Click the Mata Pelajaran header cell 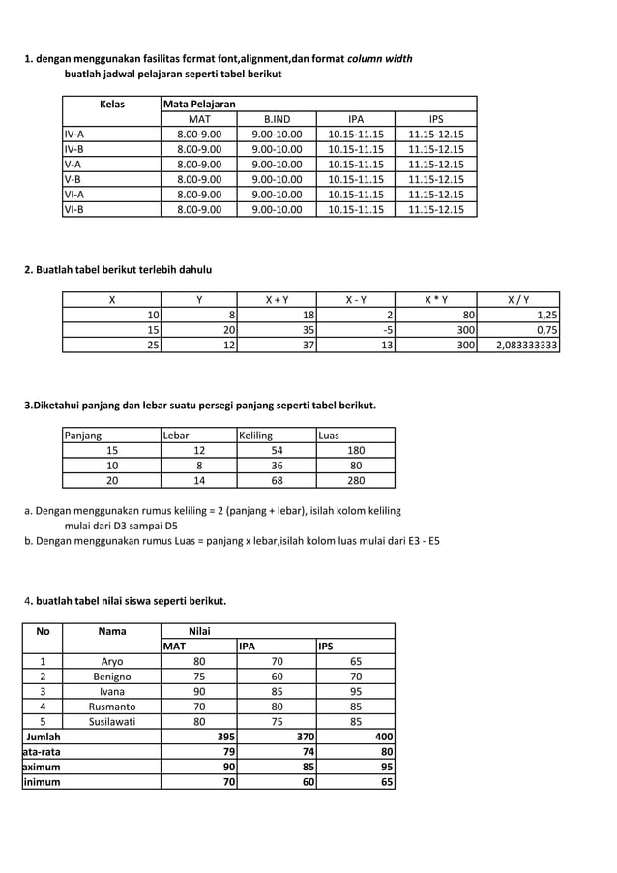pyautogui.click(x=200, y=104)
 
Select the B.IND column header pyautogui.click(x=277, y=119)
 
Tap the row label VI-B pyautogui.click(x=74, y=209)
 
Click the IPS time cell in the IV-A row pyautogui.click(x=436, y=135)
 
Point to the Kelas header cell pyautogui.click(x=111, y=104)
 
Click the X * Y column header pyautogui.click(x=436, y=299)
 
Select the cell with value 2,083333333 pyautogui.click(x=528, y=345)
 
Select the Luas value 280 pyautogui.click(x=356, y=480)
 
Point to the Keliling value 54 pyautogui.click(x=277, y=450)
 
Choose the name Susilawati pyautogui.click(x=112, y=721)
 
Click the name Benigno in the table pyautogui.click(x=112, y=677)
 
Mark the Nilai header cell pyautogui.click(x=198, y=631)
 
